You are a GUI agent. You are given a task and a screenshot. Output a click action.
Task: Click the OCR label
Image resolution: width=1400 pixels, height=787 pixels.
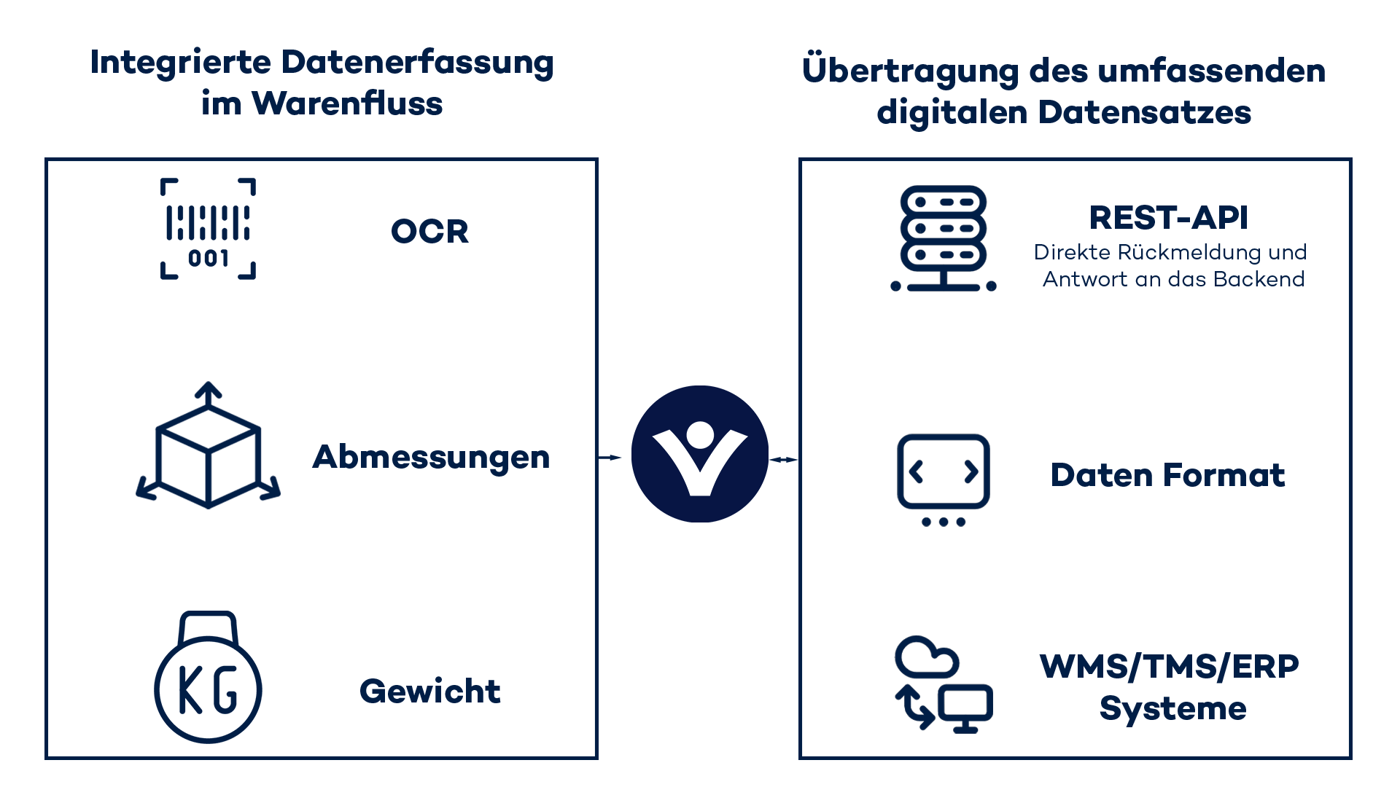[429, 232]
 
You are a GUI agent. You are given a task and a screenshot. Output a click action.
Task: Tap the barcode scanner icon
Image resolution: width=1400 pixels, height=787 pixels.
[208, 229]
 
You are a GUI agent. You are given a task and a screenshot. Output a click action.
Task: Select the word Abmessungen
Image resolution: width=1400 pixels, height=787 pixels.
[431, 458]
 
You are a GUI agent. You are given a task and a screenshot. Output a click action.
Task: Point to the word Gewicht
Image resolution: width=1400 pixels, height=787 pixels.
[430, 692]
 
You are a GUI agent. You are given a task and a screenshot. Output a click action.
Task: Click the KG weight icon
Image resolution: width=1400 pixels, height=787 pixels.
[208, 678]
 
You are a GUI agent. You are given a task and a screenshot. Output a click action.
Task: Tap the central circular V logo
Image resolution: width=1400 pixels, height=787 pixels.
[699, 454]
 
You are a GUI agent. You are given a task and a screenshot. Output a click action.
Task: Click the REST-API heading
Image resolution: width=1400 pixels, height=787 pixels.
[1168, 218]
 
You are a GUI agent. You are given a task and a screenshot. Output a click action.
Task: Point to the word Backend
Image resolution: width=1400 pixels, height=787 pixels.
[1259, 279]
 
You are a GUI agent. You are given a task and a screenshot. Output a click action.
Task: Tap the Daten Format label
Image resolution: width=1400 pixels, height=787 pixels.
[1167, 475]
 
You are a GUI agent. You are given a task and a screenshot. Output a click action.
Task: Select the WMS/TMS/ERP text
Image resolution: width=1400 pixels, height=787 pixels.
[1169, 667]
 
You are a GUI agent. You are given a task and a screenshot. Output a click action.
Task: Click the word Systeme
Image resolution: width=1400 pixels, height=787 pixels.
[1172, 708]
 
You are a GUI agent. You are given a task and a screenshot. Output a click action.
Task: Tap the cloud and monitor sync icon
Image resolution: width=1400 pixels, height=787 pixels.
[943, 684]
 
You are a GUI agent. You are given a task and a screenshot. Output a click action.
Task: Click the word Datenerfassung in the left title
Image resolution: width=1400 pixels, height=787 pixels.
[417, 63]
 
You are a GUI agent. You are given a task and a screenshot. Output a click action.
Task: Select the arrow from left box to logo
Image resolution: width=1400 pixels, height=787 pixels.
[610, 458]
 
